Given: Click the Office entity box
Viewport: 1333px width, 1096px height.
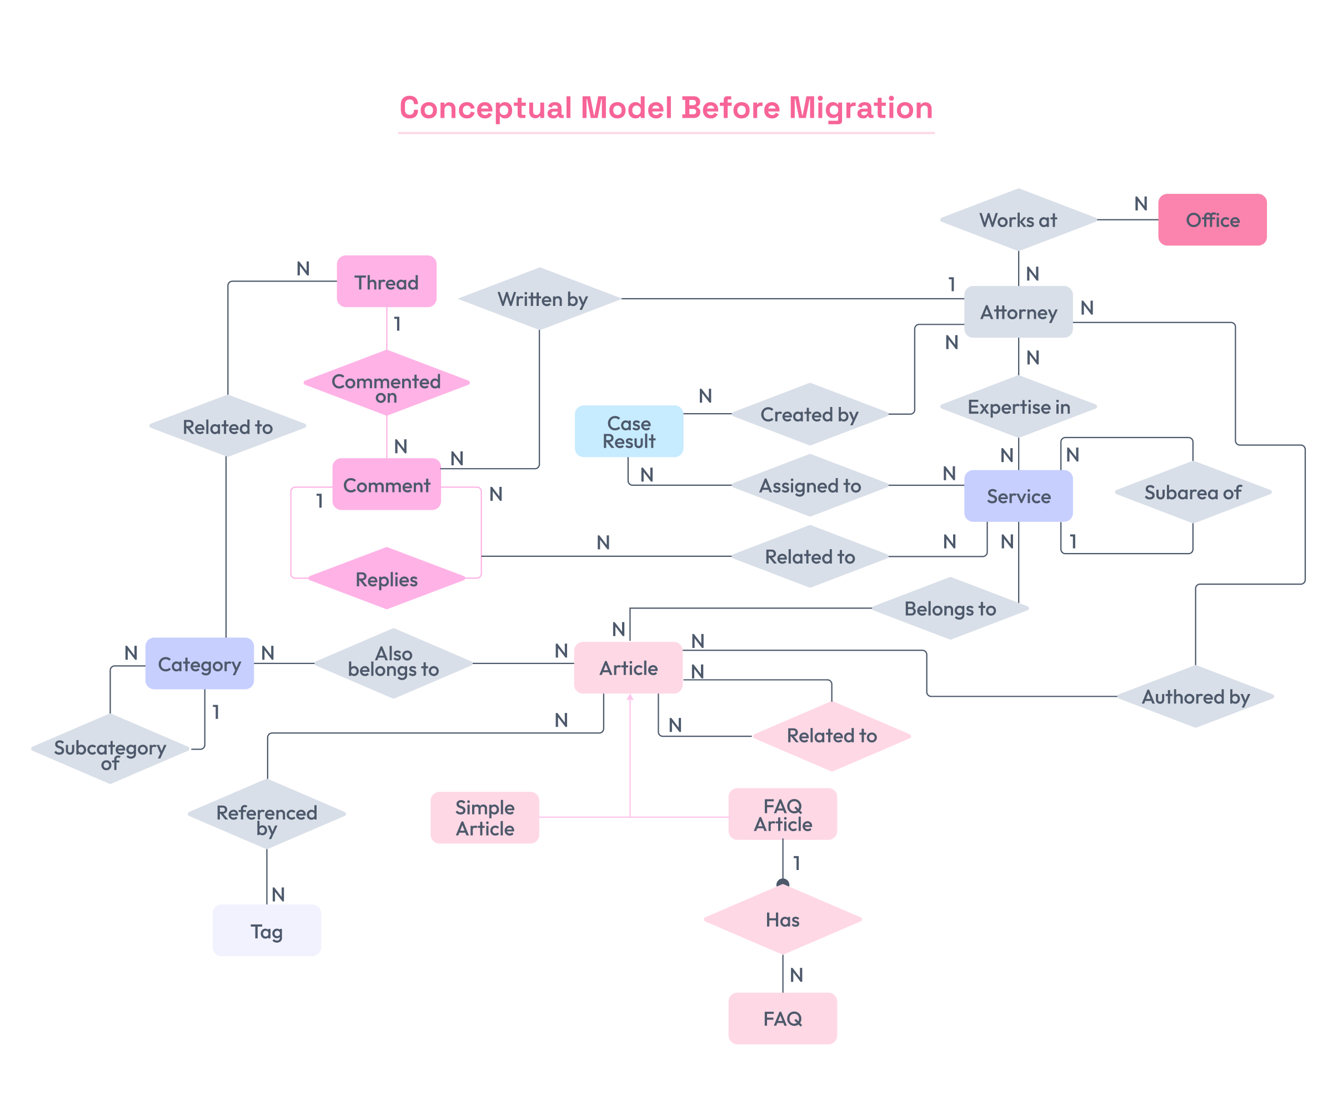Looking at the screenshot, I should (1212, 220).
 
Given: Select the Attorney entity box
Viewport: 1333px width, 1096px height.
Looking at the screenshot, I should (1018, 312).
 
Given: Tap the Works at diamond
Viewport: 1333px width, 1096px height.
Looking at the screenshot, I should (1018, 220).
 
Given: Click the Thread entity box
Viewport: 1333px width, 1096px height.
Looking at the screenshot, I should (387, 281).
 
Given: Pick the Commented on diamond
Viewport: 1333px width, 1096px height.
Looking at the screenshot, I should (387, 383).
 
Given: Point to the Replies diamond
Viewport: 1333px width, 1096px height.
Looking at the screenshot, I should (387, 579).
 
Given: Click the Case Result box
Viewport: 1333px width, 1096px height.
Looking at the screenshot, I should (628, 431).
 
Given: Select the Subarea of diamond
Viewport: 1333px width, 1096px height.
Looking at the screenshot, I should (1192, 492).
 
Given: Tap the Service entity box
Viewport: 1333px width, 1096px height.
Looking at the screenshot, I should (1018, 496).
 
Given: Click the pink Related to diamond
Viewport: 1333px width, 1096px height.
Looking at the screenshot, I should (831, 736).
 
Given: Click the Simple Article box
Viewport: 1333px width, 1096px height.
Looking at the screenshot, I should (484, 818).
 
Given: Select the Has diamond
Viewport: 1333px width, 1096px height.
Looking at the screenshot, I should (783, 919).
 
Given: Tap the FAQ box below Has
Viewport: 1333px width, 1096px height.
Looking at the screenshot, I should (783, 1018).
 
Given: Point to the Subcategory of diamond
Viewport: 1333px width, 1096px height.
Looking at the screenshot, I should (110, 750).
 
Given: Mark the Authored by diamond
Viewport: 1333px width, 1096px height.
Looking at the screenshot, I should (1195, 696).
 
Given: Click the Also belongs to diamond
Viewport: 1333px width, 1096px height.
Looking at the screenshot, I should (393, 662).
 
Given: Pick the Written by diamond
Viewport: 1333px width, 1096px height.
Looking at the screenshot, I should (540, 299).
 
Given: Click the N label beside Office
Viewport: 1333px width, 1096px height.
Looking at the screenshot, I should (1140, 204).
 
